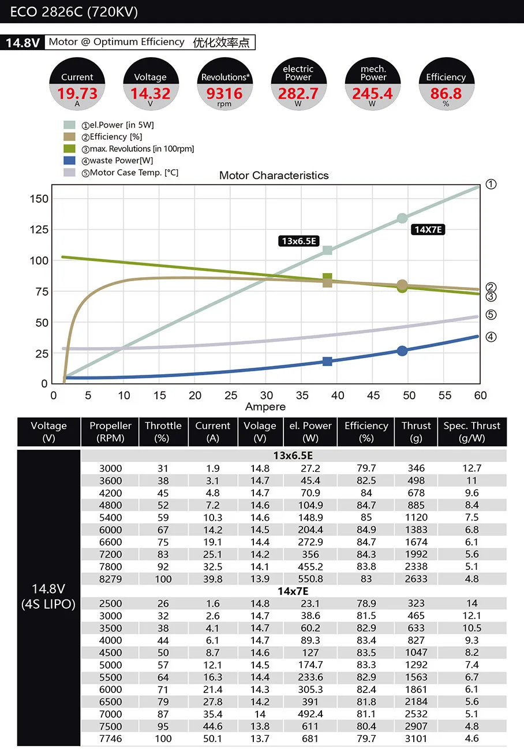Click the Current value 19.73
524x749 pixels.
pos(77,94)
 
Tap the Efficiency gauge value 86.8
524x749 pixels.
pos(446,94)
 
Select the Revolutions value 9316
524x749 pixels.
pos(224,94)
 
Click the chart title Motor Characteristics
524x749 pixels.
pos(274,176)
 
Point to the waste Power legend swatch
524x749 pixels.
pos(69,161)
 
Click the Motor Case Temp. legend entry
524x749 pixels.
pos(130,172)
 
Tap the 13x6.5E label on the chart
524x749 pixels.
pos(299,241)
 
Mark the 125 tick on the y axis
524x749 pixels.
pos(39,229)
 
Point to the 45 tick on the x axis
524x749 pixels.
pos(373,396)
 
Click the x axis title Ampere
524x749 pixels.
pos(265,407)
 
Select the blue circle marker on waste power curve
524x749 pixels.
pos(402,351)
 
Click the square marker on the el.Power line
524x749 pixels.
pos(327,250)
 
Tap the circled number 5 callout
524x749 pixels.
pos(491,315)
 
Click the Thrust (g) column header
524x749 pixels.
pos(416,432)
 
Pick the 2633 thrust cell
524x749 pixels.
pos(416,579)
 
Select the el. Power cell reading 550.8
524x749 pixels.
pos(310,579)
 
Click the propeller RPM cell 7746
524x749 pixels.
pos(110,739)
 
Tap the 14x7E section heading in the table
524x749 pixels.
pos(293,591)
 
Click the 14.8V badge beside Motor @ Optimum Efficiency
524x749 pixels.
pos(23,43)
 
